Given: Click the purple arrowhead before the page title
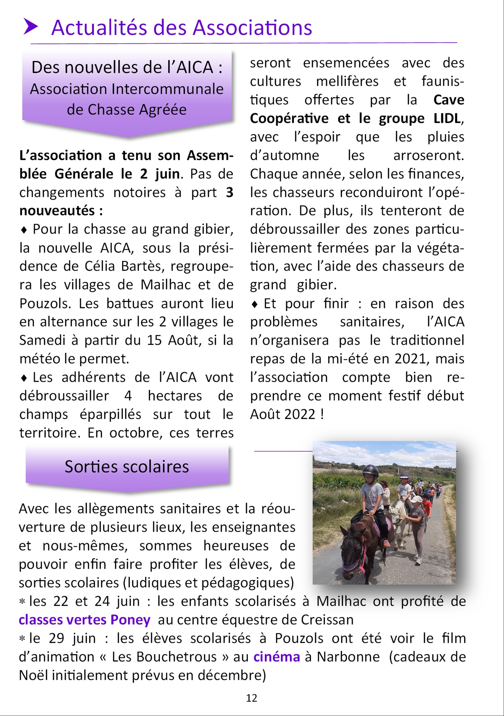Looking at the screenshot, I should coord(31,27).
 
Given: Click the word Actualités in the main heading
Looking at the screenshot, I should coord(99,28).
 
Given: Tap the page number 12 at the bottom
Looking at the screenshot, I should coord(251,698).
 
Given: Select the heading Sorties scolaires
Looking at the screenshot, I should coord(127,467).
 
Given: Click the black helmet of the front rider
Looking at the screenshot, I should coord(370,470).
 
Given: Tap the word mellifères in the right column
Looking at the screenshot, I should coord(347,82).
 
